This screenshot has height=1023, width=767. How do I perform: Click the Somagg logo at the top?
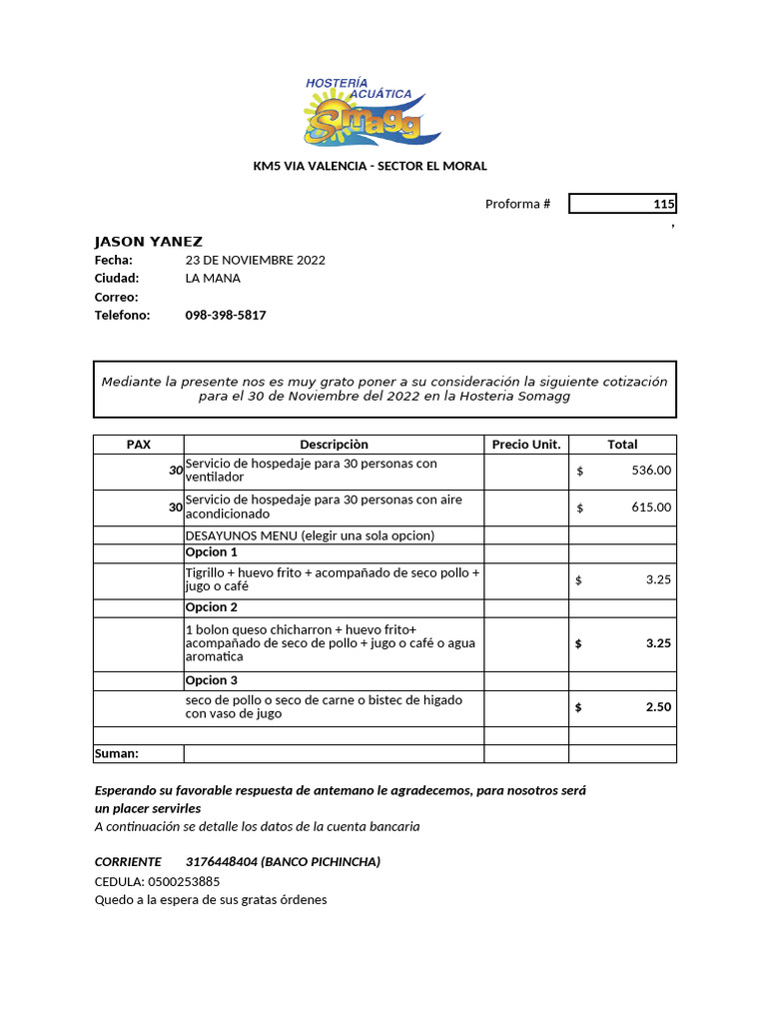[x=372, y=111]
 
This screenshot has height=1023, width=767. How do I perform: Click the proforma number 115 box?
[x=622, y=204]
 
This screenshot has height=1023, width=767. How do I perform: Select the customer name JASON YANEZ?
[x=148, y=241]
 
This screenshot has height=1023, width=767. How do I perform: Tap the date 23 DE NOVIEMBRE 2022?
[x=255, y=260]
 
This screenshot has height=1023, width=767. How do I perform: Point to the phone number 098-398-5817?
[x=226, y=315]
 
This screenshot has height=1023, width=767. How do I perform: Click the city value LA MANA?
[x=213, y=278]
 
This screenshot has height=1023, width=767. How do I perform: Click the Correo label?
[x=116, y=297]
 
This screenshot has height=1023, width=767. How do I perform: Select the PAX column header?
[x=138, y=445]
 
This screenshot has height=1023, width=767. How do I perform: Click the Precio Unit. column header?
[x=526, y=445]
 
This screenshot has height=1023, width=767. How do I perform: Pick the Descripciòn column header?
[x=334, y=445]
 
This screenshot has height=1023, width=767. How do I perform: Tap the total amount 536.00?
[x=651, y=471]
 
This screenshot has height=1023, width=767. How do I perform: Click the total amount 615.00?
[x=651, y=508]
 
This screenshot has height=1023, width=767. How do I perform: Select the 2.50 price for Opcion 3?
[x=658, y=707]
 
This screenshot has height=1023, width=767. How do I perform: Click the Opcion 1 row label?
[x=212, y=552]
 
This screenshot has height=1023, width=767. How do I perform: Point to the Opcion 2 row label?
[x=212, y=607]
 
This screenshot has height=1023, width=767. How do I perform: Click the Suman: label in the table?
[x=117, y=753]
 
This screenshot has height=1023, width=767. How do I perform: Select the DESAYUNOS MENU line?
[x=310, y=535]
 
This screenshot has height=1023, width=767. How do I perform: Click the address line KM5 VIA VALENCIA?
[x=370, y=166]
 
